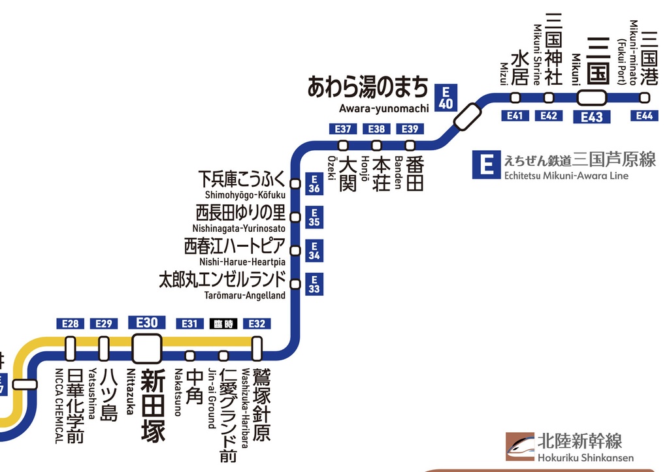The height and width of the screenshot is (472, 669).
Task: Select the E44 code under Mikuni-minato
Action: [x=644, y=116]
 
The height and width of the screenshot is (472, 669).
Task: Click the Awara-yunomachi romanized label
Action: [x=384, y=108]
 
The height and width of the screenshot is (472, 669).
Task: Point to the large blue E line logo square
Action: [x=486, y=165]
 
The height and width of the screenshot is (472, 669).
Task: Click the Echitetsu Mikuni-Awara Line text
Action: [x=566, y=176]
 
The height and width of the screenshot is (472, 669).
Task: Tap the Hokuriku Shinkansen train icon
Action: [x=520, y=447]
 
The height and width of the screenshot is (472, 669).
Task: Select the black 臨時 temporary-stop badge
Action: [x=223, y=324]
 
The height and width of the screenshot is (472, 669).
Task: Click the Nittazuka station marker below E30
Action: [x=147, y=349]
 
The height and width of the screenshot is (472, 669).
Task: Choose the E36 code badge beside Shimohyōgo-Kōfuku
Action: [x=314, y=184]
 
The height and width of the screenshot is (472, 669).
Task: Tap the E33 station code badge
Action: [x=314, y=285]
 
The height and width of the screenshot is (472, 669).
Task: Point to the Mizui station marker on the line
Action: [x=515, y=98]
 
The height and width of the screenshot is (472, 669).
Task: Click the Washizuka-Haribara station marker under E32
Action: [x=257, y=349]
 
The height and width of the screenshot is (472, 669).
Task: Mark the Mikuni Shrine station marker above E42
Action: [x=549, y=98]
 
